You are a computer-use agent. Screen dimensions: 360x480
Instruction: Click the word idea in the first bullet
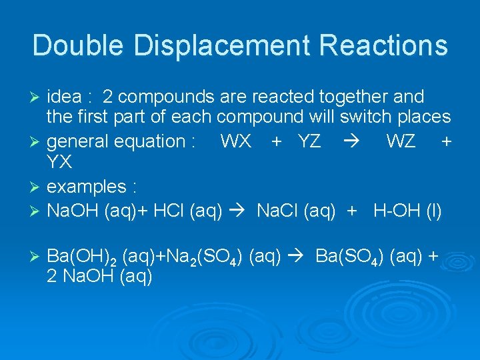(65, 97)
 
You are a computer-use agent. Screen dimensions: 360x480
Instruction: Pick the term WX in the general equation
(235, 141)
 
